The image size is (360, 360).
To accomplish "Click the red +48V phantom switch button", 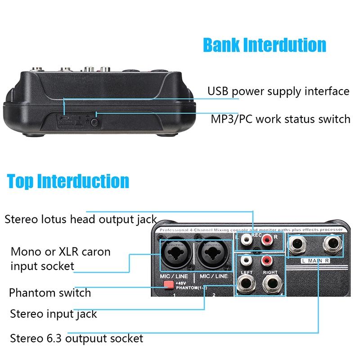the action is pyautogui.click(x=169, y=284).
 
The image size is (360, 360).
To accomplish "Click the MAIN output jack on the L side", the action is pyautogui.click(x=299, y=246).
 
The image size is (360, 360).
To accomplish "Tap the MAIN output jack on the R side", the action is pyautogui.click(x=331, y=246).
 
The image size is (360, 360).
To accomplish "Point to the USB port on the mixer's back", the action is pyautogui.click(x=63, y=118).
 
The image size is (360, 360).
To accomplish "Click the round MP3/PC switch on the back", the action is pyautogui.click(x=94, y=121).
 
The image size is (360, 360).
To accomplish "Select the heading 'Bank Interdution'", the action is pyautogui.click(x=265, y=45).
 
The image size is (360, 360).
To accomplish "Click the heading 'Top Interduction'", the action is pyautogui.click(x=68, y=181).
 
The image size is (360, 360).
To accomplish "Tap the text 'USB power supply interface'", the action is pyautogui.click(x=278, y=91).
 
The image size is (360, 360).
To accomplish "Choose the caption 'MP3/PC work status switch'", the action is pyautogui.click(x=280, y=119).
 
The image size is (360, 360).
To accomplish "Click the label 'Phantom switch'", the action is pyautogui.click(x=50, y=292).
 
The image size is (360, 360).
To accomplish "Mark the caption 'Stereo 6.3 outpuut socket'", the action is pyautogui.click(x=76, y=338).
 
